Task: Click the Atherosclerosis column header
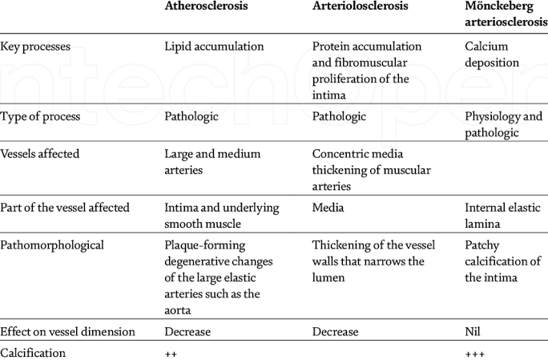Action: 205,6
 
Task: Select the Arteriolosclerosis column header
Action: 360,6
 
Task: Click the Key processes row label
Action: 36,47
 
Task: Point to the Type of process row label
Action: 41,116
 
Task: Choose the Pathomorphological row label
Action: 52,245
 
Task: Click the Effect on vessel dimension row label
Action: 66,332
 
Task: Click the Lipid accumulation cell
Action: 214,47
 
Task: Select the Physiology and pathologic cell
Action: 503,123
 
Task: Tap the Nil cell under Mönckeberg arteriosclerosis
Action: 473,332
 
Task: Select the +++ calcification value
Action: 476,352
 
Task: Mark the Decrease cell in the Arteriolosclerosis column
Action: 335,332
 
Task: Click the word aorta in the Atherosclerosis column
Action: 181,309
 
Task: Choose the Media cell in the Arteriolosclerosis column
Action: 328,208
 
